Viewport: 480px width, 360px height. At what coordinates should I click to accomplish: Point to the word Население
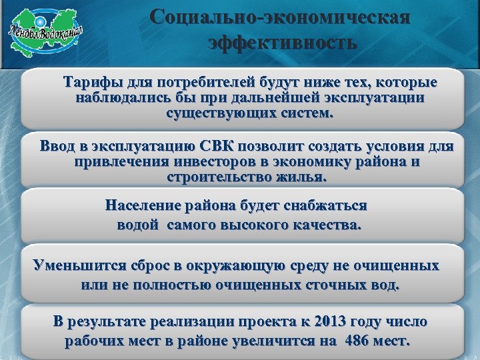pos(140,206)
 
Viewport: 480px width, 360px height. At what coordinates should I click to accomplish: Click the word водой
pos(135,225)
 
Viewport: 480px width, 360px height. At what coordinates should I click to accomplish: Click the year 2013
pos(326,322)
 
